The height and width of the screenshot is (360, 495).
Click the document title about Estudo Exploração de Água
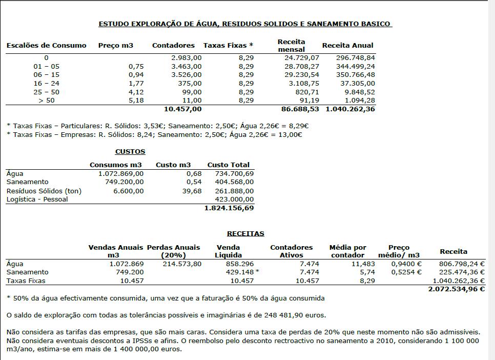[x=245, y=24]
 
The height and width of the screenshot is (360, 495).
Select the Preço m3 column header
[x=116, y=45]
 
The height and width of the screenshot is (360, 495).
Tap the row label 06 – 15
[x=46, y=74]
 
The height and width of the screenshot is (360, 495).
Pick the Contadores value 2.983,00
[x=187, y=58]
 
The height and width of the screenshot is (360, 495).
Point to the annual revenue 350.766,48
[x=355, y=74]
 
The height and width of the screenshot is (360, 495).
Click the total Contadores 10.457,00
[x=182, y=109]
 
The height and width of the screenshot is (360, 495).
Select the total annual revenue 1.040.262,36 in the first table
[x=350, y=109]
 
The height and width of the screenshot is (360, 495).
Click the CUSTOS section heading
[x=130, y=151]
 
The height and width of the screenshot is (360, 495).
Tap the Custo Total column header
[x=228, y=165]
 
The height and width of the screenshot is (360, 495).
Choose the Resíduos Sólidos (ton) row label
[x=44, y=191]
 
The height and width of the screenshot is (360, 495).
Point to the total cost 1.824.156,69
[x=229, y=208]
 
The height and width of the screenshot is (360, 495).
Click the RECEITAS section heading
[x=245, y=233]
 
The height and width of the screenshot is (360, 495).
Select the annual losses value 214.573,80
[x=182, y=264]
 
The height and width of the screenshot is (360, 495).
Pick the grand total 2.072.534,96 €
[x=456, y=289]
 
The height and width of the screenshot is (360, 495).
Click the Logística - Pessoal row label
[x=37, y=199]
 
